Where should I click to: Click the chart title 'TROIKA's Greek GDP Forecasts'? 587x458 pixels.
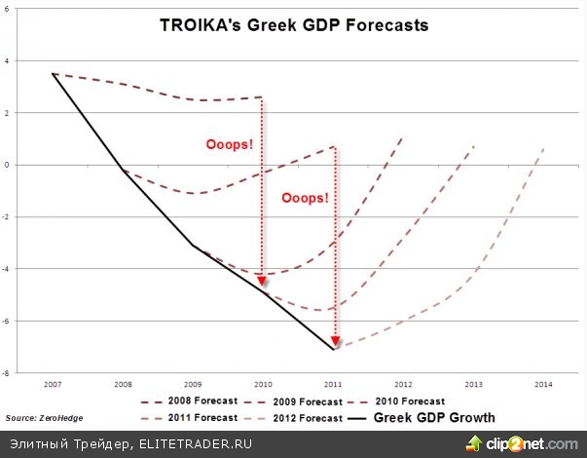pos(293,25)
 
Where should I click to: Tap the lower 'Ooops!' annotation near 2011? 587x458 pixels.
pos(305,197)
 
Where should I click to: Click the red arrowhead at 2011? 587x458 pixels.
pos(335,342)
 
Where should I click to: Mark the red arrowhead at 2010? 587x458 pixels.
pos(261,282)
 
